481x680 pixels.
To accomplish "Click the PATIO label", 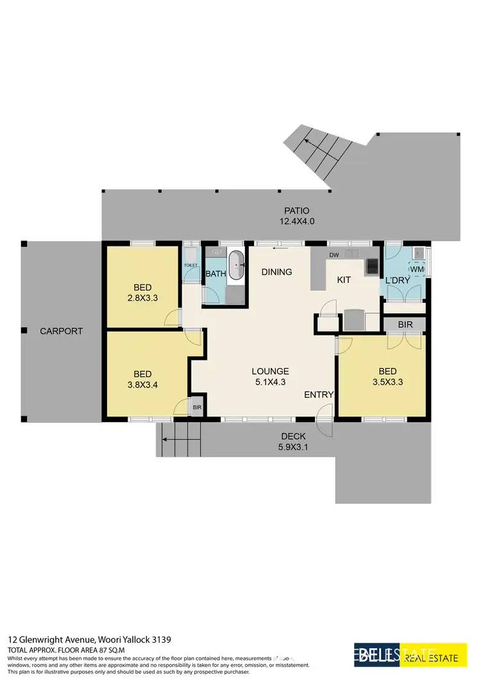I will point(297,210).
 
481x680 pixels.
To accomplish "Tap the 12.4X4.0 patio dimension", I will point(297,221).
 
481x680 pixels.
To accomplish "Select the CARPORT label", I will point(62,331).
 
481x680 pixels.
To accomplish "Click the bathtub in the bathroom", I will point(237,265).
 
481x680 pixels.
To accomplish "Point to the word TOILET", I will point(190,265).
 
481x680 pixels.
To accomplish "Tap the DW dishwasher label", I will point(333,255).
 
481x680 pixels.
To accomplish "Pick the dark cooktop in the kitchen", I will point(372,264).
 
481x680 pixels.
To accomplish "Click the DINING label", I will point(277,272).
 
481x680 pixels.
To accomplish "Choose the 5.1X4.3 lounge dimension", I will point(270,382).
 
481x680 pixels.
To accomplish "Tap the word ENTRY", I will point(319,395).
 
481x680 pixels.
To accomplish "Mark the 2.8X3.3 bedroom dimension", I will point(142,298).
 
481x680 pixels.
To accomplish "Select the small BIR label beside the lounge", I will point(198,407).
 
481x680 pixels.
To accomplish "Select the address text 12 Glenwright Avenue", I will point(51,640).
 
